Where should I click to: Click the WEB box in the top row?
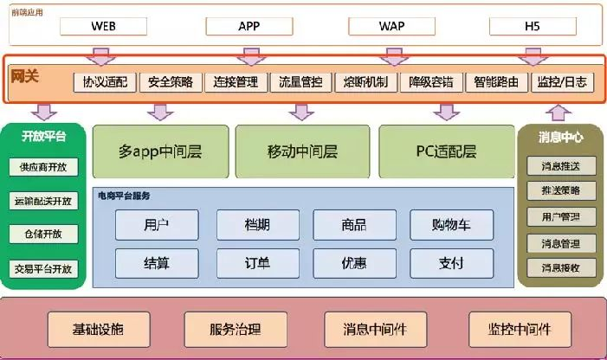[103, 26]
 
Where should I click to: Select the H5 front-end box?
[532, 26]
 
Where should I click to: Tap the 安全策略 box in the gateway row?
[171, 82]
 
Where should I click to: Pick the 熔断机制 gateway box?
[365, 82]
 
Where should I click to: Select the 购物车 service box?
[451, 225]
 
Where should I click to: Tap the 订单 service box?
[257, 261]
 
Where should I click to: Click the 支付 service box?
[451, 261]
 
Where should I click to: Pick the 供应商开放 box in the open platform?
[43, 168]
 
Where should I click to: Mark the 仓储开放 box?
[43, 235]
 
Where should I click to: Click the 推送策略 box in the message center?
[560, 190]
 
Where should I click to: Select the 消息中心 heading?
[560, 137]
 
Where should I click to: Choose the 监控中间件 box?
[520, 329]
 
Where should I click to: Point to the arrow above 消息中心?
[559, 112]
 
